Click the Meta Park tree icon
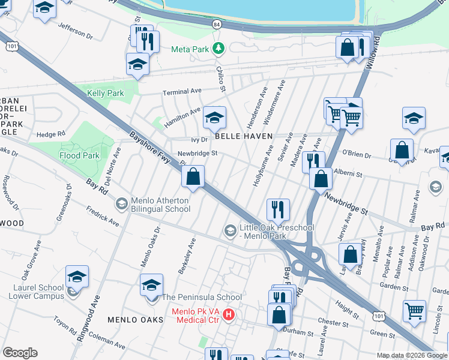coord(220,49)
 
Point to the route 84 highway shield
coord(216,23)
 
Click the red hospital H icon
coord(228,314)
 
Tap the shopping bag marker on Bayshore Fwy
coord(193,177)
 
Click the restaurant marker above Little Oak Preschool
coord(278,209)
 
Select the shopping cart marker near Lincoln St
coord(414,311)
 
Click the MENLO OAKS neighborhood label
coord(135,320)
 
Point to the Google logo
coord(20,353)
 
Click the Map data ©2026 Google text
coord(411,355)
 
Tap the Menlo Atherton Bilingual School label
coord(161,205)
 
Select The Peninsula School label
coord(202,297)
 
